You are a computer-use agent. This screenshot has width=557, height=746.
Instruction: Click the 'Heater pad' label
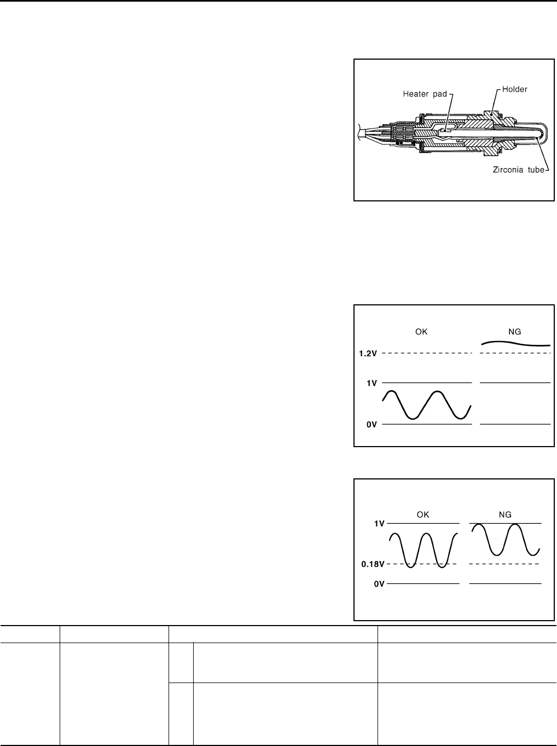tap(425, 94)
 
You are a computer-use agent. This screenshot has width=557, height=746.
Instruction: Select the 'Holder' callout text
tap(514, 89)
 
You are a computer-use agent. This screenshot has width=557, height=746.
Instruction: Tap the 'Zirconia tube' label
tap(518, 170)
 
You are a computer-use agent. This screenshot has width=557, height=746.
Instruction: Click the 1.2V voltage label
tap(368, 354)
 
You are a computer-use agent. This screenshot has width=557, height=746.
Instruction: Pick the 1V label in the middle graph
tap(372, 383)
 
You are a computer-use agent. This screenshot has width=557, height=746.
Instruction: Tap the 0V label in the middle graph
tap(372, 425)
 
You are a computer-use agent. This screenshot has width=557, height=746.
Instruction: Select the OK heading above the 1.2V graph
tap(421, 332)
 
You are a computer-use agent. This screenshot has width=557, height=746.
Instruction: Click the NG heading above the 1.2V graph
tap(514, 332)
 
